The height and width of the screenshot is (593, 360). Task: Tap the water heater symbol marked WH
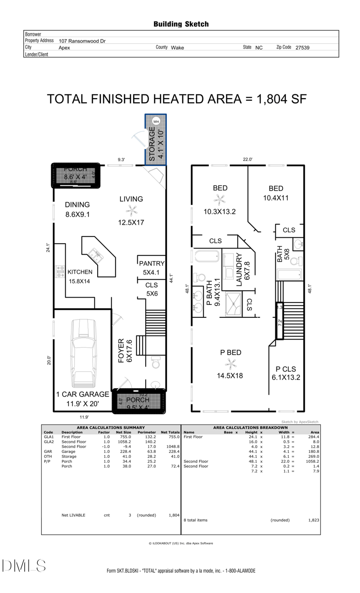156,121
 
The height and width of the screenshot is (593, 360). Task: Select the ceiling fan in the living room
131,209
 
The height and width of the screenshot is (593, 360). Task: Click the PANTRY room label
152,263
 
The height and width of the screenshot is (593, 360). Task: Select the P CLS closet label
285,369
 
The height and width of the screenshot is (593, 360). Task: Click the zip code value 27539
302,47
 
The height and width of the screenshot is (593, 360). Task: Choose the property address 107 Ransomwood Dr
82,41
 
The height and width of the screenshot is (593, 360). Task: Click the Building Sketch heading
181,24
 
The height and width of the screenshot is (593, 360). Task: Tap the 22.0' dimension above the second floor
247,159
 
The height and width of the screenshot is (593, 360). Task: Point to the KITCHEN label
80,272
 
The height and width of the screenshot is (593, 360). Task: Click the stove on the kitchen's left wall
60,272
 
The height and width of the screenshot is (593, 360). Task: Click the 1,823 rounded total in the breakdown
314,520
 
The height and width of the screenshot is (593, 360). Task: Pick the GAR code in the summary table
48,452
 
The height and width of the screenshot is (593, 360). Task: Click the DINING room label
77,205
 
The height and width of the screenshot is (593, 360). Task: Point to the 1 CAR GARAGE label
82,394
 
